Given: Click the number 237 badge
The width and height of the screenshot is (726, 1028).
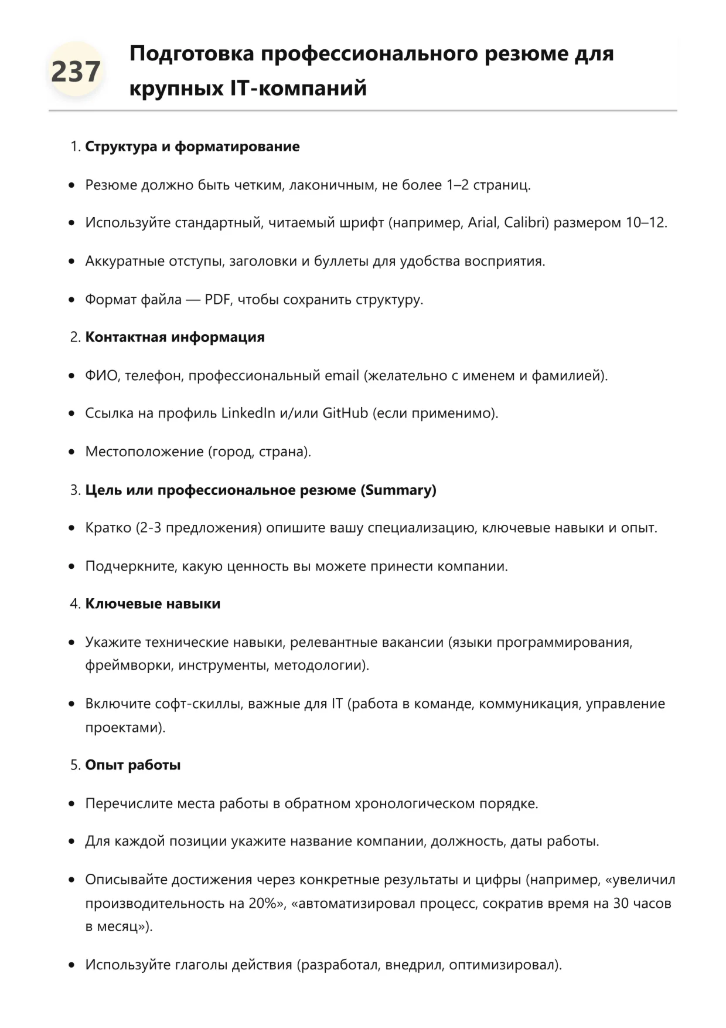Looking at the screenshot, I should click(x=76, y=72).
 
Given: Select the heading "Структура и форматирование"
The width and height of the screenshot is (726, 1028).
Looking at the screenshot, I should click(x=192, y=147).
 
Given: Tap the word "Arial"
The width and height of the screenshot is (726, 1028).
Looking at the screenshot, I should click(x=482, y=223).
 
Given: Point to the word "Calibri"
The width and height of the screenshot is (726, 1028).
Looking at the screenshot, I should click(x=526, y=223).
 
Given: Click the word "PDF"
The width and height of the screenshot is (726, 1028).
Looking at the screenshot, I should click(x=217, y=300).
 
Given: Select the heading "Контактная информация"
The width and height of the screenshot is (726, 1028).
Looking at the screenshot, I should click(x=175, y=337).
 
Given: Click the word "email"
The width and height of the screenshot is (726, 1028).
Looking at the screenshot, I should click(x=342, y=375).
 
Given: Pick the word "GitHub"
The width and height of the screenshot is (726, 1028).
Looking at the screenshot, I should click(x=345, y=413).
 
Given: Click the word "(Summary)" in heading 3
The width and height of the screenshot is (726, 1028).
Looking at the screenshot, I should click(x=398, y=490).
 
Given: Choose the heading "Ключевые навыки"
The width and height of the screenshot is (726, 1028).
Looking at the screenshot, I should click(x=152, y=604).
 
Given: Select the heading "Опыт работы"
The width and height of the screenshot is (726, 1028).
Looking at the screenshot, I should click(x=132, y=765).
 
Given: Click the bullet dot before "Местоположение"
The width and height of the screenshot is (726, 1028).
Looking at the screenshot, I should click(x=71, y=452).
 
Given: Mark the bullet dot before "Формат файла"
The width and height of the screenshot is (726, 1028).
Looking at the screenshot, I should click(x=71, y=300).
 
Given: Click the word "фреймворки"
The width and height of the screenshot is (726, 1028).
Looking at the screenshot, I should click(x=129, y=666).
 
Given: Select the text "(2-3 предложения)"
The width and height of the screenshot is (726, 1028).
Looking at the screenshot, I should click(x=198, y=528).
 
